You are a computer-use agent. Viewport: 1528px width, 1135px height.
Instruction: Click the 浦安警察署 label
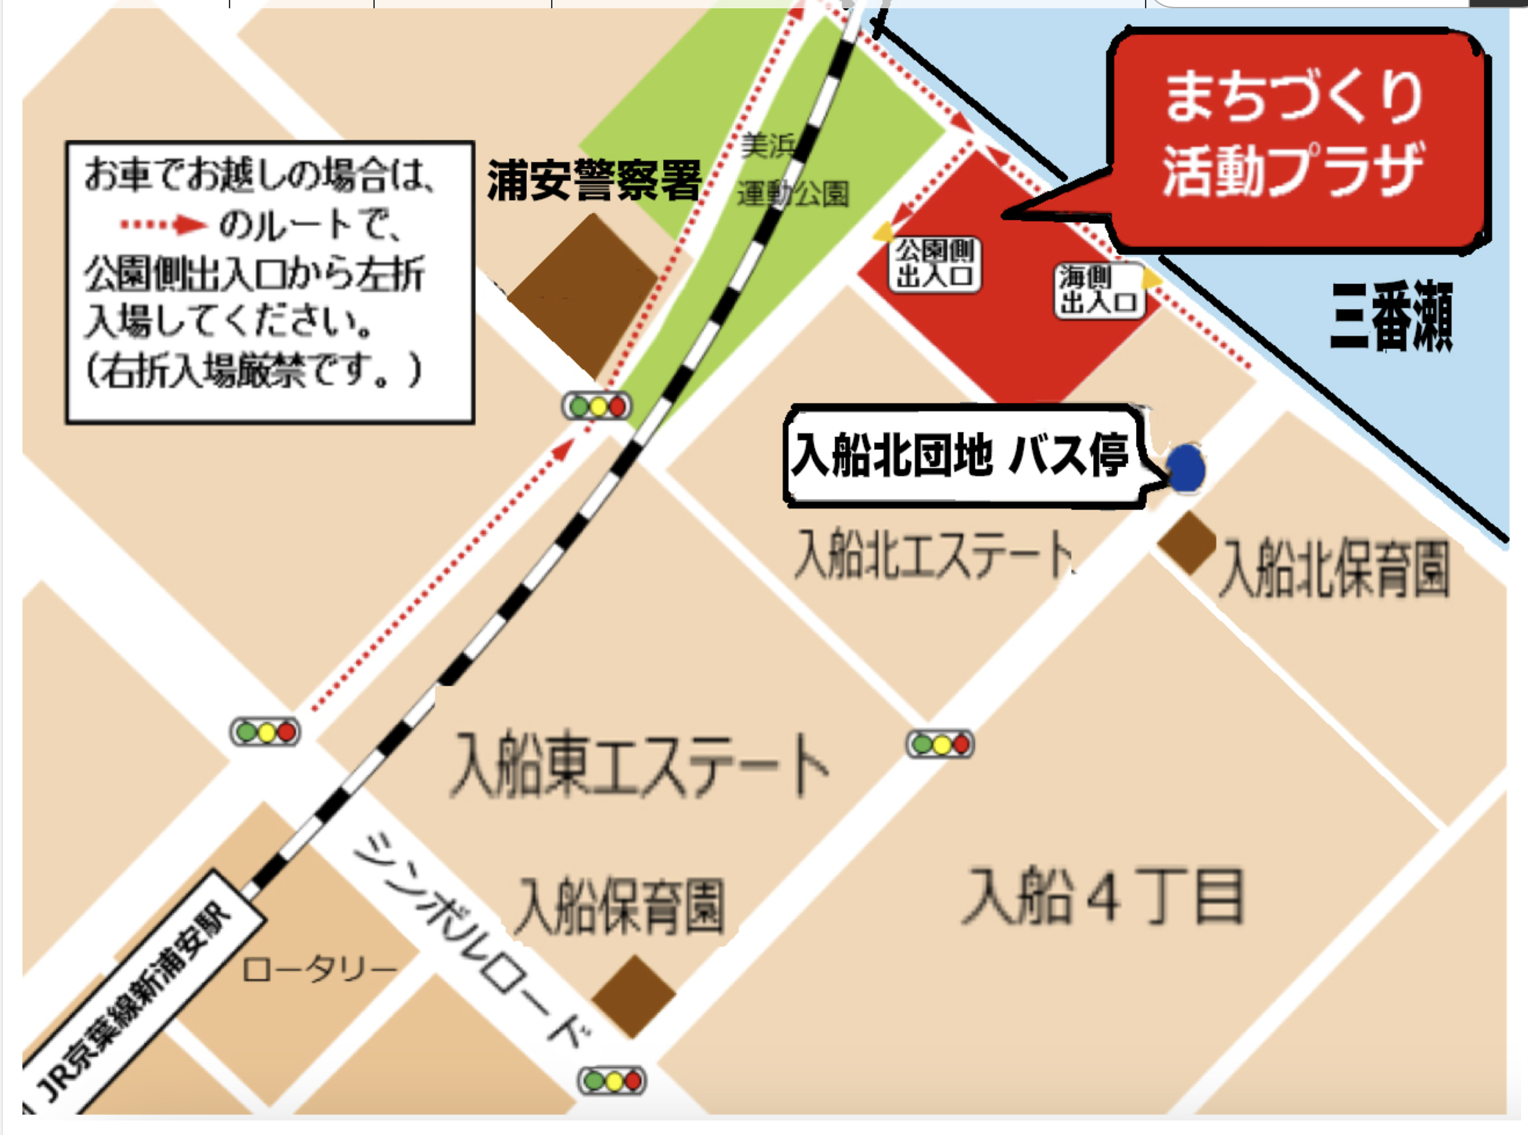point(595,180)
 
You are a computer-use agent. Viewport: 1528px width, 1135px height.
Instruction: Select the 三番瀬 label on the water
point(1391,317)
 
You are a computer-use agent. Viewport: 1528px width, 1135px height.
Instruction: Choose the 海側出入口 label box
point(1099,290)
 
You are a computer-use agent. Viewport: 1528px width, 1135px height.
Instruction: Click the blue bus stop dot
point(1185,468)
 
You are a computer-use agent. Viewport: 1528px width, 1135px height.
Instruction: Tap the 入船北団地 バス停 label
point(961,456)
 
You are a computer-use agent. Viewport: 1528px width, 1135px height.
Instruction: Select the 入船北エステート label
point(933,553)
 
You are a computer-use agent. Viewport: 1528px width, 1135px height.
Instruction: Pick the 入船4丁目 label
point(1103,897)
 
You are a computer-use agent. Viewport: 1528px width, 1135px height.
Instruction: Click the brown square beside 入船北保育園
point(1188,543)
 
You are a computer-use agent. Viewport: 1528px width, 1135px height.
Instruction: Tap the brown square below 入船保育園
point(633,997)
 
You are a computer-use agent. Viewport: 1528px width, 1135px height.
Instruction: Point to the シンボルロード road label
point(470,940)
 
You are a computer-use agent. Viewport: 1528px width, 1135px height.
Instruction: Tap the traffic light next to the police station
point(597,406)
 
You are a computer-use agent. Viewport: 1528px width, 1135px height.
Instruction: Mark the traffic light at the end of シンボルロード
point(613,1080)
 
